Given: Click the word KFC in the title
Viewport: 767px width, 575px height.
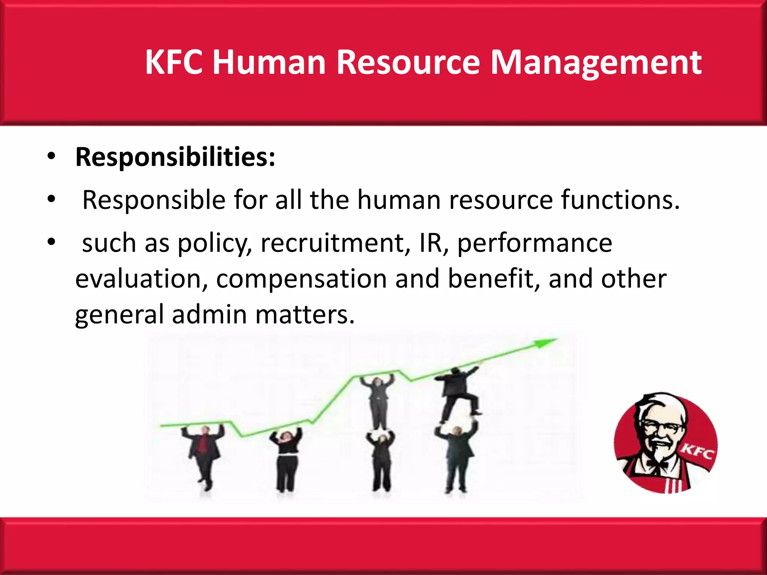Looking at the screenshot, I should tap(174, 62).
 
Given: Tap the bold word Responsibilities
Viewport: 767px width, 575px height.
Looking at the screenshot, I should tap(175, 157).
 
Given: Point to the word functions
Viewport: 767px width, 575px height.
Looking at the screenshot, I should tap(620, 200).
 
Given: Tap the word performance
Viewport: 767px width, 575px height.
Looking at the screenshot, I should tap(534, 244).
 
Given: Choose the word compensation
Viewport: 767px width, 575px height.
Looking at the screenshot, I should tap(301, 279).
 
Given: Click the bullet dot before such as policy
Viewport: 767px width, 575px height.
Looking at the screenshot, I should tap(51, 243).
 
